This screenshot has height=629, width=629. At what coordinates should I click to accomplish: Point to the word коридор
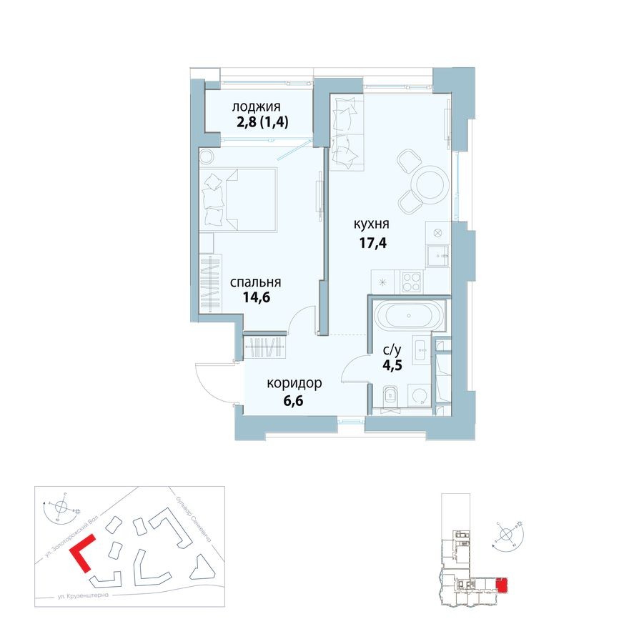pyautogui.click(x=294, y=384)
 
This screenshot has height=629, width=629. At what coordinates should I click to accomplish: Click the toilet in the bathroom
pyautogui.click(x=390, y=395)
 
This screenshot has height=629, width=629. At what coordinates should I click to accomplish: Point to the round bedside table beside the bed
pyautogui.click(x=208, y=156)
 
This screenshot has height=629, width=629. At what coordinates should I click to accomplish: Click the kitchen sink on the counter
pyautogui.click(x=437, y=254)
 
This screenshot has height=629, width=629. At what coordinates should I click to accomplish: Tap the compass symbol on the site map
pyautogui.click(x=61, y=508)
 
